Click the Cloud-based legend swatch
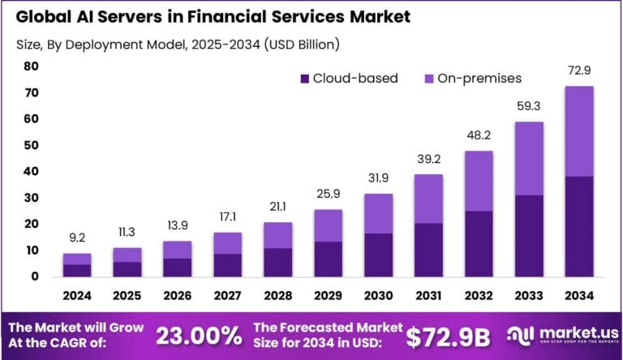(x=305, y=79)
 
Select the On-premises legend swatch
(x=429, y=79)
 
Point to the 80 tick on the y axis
(x=32, y=66)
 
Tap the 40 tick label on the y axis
(x=32, y=172)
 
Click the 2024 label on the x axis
(x=77, y=296)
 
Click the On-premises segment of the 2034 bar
(x=579, y=131)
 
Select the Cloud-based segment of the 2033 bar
(x=529, y=236)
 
